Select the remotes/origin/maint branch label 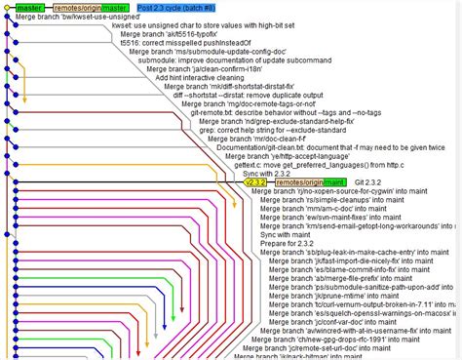(x=309, y=181)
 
